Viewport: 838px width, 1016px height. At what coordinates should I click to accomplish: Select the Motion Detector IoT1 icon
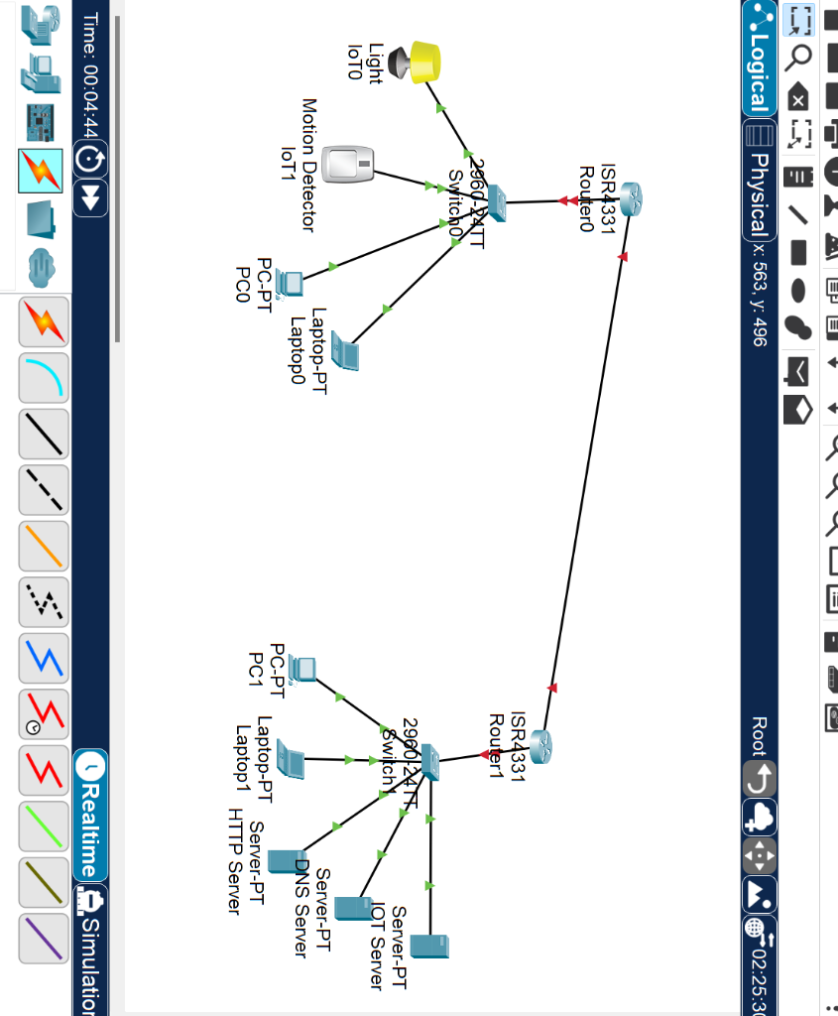[349, 163]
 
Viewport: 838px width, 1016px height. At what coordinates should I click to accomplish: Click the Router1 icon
[539, 746]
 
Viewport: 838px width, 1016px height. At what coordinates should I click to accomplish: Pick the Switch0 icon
[493, 204]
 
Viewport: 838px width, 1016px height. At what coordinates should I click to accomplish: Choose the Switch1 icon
[429, 761]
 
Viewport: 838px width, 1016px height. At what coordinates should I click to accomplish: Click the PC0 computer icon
[290, 284]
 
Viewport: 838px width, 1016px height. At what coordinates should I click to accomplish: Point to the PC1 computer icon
[302, 670]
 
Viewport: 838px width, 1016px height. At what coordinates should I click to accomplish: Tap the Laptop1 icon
[290, 759]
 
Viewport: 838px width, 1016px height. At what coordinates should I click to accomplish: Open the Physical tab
[760, 188]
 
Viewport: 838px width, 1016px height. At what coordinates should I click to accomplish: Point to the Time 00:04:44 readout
[90, 74]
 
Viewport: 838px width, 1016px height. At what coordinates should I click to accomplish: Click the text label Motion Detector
[308, 165]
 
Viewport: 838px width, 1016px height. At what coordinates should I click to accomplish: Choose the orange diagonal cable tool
[45, 546]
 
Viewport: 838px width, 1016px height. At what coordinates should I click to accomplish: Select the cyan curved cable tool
[45, 377]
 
